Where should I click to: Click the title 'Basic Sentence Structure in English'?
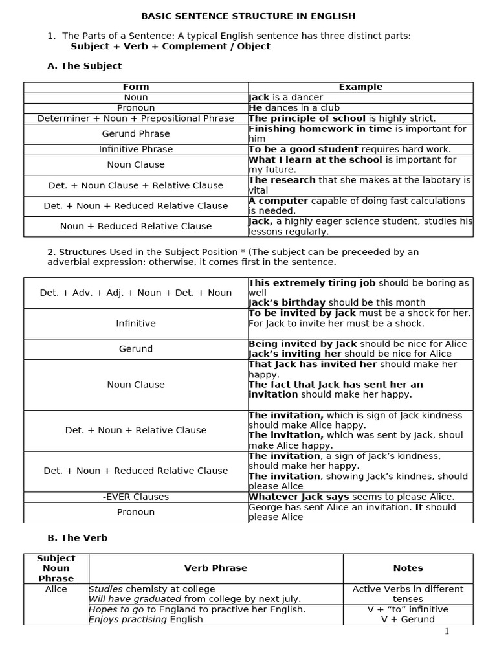point(248,16)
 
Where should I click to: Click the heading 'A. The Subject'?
point(85,66)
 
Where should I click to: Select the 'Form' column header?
point(136,87)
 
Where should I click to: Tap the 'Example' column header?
point(360,87)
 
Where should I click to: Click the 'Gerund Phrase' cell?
point(136,133)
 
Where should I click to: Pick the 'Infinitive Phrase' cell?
point(136,149)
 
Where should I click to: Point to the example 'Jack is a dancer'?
point(285,97)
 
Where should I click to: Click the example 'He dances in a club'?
point(294,107)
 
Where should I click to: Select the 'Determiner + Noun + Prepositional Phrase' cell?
point(136,118)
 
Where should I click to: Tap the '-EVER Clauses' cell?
point(136,497)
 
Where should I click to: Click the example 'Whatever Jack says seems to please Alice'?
point(351,497)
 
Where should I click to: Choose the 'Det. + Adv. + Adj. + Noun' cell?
point(136,293)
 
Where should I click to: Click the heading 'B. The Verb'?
point(78,537)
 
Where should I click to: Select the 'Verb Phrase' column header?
point(215,568)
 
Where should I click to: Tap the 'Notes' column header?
point(408,568)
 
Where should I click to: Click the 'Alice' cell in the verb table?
point(56,589)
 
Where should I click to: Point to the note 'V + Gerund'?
point(408,619)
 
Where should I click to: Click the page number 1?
point(447,631)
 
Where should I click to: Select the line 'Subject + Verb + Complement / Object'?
point(170,46)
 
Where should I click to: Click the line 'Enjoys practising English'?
point(146,619)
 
